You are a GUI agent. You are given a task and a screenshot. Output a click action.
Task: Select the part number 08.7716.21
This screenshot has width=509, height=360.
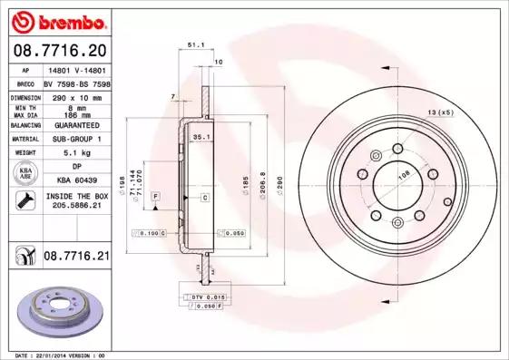click(76, 258)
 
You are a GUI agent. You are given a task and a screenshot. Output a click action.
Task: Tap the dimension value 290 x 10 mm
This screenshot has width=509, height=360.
click(76, 95)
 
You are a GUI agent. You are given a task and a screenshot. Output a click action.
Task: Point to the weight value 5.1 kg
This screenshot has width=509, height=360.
click(76, 153)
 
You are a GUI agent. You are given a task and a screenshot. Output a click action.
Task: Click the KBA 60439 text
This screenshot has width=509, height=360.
click(76, 180)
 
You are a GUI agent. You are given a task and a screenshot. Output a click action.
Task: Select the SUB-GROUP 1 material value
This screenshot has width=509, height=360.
click(76, 139)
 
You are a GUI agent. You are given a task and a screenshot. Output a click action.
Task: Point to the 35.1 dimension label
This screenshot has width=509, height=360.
click(201, 136)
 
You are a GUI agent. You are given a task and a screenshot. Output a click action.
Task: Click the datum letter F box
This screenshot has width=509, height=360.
click(155, 197)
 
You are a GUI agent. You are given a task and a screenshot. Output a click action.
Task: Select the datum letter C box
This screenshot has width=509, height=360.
click(204, 197)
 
